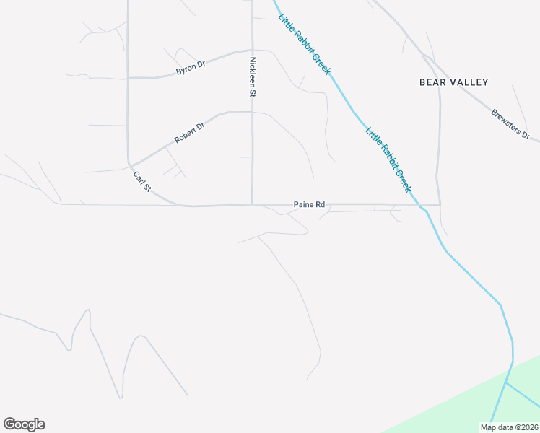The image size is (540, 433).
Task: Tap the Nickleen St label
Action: [253, 77]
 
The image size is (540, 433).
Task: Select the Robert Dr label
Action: [190, 132]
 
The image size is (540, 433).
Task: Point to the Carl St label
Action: [141, 181]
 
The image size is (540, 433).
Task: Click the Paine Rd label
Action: [310, 205]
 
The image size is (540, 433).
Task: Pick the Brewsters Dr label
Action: [510, 124]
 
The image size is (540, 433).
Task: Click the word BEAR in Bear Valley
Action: [435, 82]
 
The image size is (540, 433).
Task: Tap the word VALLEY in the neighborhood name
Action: [470, 82]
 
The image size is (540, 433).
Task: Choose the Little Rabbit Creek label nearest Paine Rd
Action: [388, 159]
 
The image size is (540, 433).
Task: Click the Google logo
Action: [24, 424]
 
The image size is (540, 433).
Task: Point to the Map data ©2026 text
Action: [509, 427]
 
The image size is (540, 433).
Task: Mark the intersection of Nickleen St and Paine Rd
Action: [251, 204]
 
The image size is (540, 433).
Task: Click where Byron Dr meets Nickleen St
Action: [251, 51]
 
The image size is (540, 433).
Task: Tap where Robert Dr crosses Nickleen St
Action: [251, 112]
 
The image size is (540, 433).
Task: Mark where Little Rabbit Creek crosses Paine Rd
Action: [418, 204]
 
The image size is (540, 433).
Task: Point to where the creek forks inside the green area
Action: [505, 382]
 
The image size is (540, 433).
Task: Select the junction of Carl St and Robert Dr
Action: [130, 165]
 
